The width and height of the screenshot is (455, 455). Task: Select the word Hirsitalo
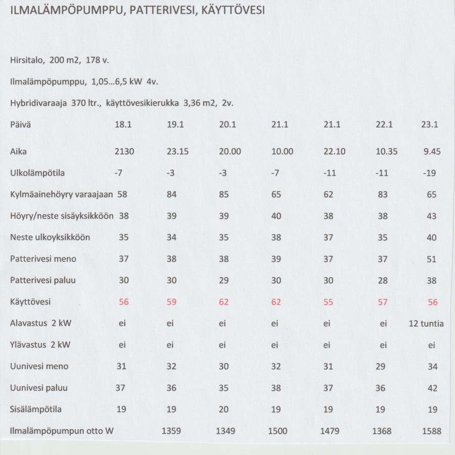(x=26, y=60)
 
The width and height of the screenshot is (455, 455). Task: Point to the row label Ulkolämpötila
(x=37, y=173)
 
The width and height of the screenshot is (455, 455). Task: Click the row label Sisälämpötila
(x=36, y=409)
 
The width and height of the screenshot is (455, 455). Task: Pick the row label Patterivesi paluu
(x=43, y=280)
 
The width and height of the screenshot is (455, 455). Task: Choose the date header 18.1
(x=123, y=125)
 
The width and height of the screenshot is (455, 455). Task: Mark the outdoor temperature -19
(x=431, y=173)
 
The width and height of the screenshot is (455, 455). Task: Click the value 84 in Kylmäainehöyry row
(x=172, y=194)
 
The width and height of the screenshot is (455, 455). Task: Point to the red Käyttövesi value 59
(x=172, y=302)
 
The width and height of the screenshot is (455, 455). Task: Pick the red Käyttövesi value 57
(x=383, y=302)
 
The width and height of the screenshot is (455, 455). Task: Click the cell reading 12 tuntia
(x=426, y=324)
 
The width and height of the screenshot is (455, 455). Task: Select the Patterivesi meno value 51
(x=431, y=259)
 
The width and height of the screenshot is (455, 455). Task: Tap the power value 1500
(x=277, y=431)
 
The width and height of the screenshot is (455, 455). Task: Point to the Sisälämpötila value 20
(x=224, y=409)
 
